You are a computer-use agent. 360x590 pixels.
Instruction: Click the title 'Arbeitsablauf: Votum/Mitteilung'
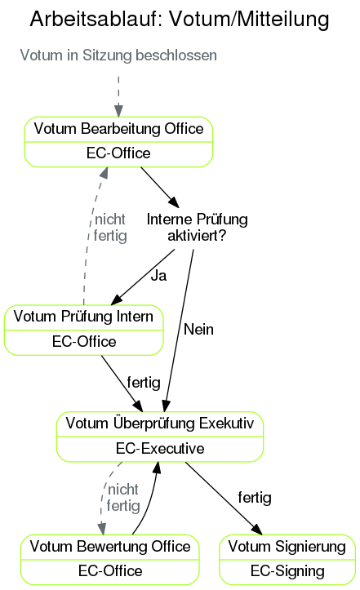[180, 20]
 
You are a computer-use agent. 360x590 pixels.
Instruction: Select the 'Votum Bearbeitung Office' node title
[118, 129]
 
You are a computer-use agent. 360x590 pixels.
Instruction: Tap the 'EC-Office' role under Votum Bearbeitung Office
[118, 153]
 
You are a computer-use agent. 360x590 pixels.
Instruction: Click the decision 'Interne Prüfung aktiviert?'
[197, 228]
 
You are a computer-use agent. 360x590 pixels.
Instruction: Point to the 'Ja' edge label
[158, 276]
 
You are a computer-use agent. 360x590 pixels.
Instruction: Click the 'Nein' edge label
[198, 329]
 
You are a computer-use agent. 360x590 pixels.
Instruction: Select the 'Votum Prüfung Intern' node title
[84, 317]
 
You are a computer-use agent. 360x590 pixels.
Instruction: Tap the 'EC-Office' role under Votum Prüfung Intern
[84, 341]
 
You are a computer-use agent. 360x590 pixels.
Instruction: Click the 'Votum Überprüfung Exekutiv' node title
[160, 424]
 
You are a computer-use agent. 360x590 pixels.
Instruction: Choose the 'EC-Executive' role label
[160, 449]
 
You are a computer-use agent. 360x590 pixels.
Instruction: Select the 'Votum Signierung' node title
[287, 546]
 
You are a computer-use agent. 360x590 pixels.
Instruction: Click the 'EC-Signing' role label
[287, 570]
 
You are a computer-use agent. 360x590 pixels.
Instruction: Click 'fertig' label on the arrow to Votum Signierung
[254, 497]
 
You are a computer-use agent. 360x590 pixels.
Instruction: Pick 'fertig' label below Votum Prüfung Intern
[143, 382]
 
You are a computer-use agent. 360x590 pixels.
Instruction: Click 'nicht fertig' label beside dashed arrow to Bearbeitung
[110, 228]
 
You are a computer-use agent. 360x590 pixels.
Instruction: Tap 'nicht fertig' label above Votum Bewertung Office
[123, 498]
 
